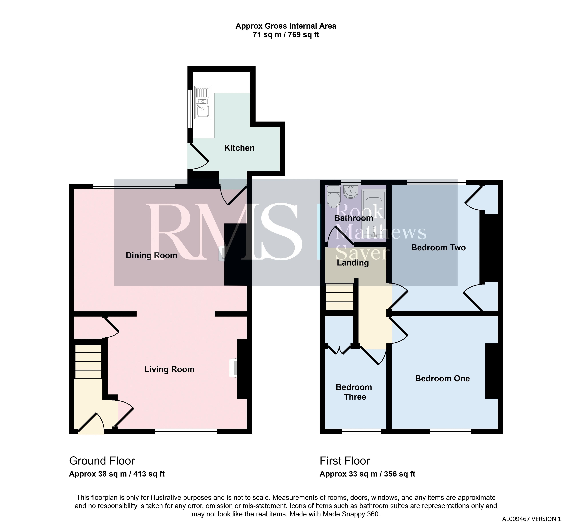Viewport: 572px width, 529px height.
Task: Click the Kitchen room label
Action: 239,148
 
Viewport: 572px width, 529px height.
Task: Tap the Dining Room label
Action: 151,255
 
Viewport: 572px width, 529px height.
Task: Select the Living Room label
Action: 169,369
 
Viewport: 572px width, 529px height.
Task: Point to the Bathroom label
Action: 353,218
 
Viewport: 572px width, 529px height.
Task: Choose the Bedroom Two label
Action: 438,248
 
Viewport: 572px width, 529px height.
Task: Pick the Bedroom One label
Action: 442,378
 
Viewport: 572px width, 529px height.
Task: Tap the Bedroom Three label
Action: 354,392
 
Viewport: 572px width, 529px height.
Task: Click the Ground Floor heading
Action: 102,461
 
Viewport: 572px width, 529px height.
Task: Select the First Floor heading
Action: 345,461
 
